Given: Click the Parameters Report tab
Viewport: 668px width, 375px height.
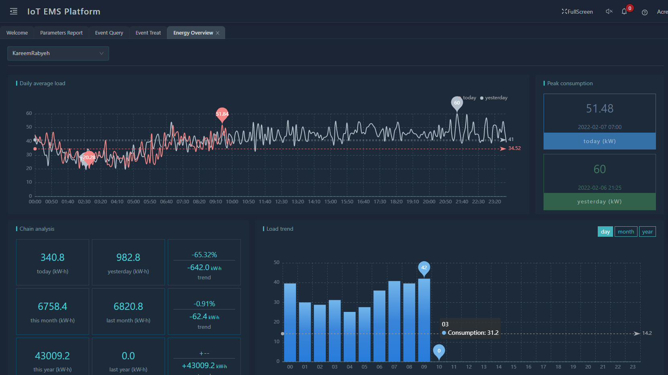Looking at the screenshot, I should point(61,33).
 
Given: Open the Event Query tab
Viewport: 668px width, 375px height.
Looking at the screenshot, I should point(109,33).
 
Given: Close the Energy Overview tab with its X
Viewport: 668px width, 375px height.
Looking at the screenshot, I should point(218,33).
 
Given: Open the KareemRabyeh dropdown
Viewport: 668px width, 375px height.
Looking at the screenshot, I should point(58,53).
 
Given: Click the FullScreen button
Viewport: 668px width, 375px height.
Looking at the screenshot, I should point(577,12).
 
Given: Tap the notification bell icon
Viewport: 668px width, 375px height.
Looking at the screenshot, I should point(624,12).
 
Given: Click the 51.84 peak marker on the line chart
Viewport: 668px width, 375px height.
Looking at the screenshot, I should point(222,114).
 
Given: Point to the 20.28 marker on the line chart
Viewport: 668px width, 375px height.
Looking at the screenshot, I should point(89,158).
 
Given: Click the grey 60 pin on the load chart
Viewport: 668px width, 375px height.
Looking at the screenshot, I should point(457,103).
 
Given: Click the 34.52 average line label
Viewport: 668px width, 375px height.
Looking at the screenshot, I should point(514,148).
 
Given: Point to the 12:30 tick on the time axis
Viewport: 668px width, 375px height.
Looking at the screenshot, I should point(281,202).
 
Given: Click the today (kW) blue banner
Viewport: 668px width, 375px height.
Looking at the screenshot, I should point(599,141).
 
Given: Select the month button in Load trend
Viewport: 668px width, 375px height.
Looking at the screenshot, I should point(625,232).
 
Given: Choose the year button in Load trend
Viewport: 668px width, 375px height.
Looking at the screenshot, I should point(647,232).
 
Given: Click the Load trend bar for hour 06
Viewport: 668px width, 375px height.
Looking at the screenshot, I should point(379,326).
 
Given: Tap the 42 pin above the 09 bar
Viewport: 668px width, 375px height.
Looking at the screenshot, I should point(424,268).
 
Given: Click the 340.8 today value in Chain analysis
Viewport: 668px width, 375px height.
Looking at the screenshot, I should point(53,258).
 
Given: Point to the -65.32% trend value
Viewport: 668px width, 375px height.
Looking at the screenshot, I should point(204,255).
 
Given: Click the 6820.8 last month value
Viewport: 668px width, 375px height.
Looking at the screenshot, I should point(128,307).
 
